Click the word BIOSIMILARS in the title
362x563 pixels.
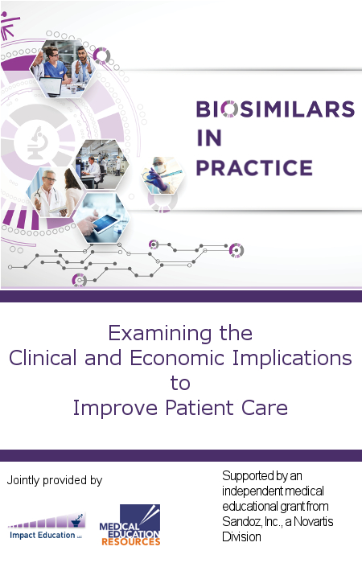coord(275,109)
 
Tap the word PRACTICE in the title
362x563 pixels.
coord(254,167)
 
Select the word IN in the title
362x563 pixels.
coord(209,138)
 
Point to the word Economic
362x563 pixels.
coord(177,358)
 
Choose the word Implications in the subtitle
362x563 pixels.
coord(292,359)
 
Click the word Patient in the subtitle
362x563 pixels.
coord(200,408)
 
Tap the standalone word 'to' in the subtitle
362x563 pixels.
coord(180,383)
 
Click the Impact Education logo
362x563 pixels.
coord(47,527)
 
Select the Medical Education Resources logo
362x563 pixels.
coord(130,525)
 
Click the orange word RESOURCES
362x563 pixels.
coord(130,541)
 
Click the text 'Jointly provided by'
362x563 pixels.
coord(55,480)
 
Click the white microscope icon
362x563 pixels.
coord(37,142)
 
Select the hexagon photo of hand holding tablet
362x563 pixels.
coord(102,218)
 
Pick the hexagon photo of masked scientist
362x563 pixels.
coord(164,175)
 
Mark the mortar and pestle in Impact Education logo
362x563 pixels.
coord(78,520)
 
